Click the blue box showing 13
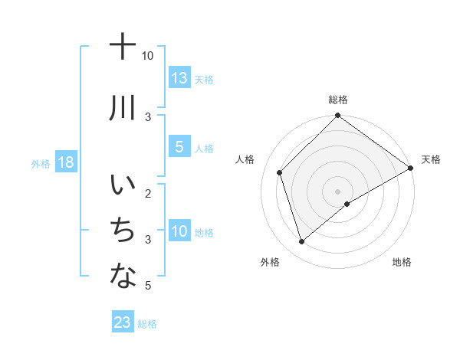coord(179,78)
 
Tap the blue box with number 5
coord(179,147)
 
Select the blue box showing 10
coord(179,231)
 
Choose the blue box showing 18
coord(65,162)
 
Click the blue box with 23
coord(123,322)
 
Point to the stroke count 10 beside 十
coord(148,56)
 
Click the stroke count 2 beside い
coord(148,192)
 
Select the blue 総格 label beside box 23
coord(147,324)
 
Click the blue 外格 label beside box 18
coord(40,163)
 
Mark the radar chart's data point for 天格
coord(410,169)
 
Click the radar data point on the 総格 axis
coord(337,116)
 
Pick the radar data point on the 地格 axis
coord(347,204)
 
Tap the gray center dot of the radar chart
coord(337,191)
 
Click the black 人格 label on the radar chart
coord(245,159)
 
